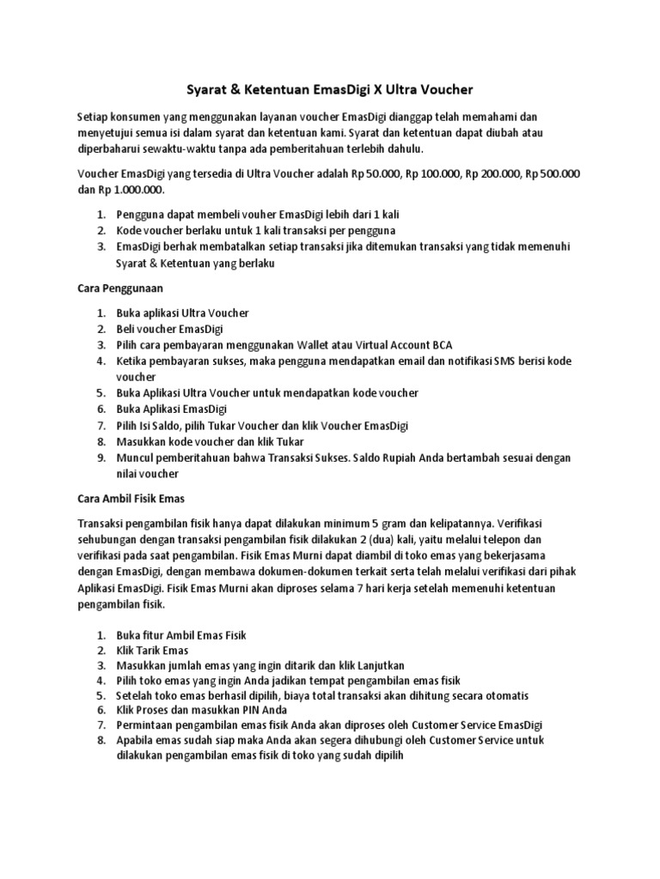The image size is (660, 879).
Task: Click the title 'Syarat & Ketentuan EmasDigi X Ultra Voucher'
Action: point(330,88)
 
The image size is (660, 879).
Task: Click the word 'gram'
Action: point(402,523)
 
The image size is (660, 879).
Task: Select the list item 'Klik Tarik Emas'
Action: point(153,650)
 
